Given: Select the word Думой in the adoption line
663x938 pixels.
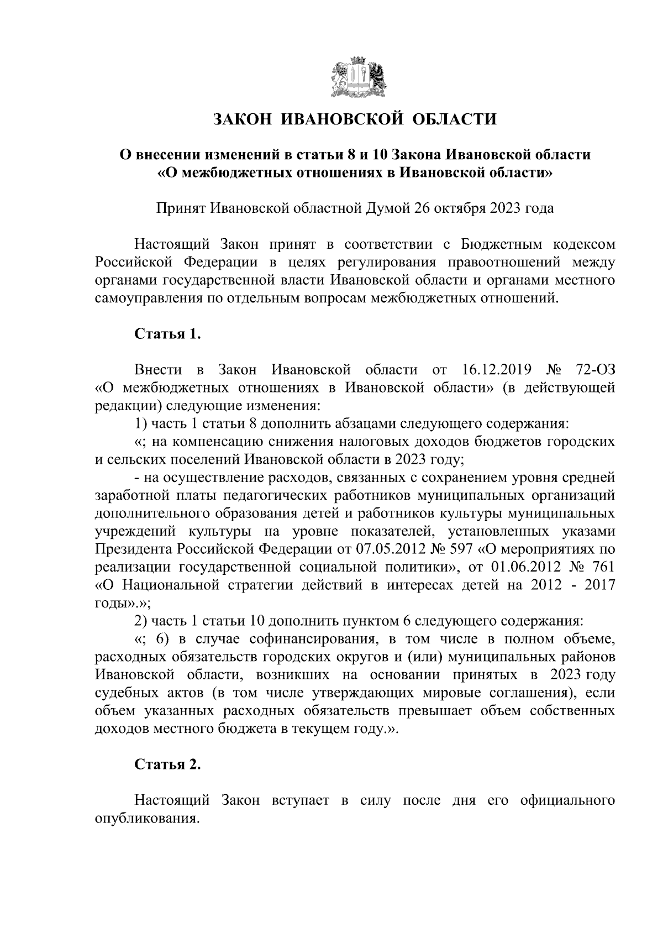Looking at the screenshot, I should coord(386,209).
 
